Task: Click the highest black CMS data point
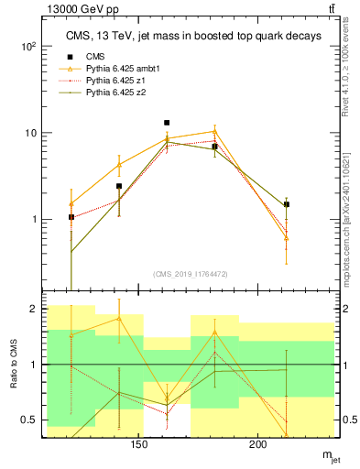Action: click(167, 122)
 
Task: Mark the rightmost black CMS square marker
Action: click(287, 204)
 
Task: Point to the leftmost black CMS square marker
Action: click(71, 217)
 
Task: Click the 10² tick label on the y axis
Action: click(29, 46)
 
